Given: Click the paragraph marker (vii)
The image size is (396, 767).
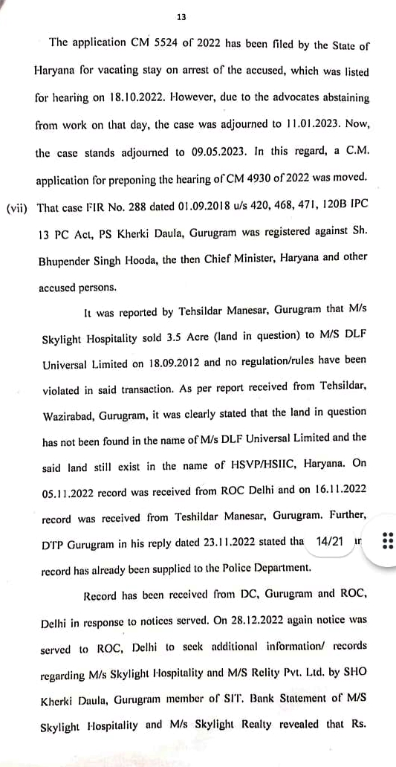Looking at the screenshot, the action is [16, 208].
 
